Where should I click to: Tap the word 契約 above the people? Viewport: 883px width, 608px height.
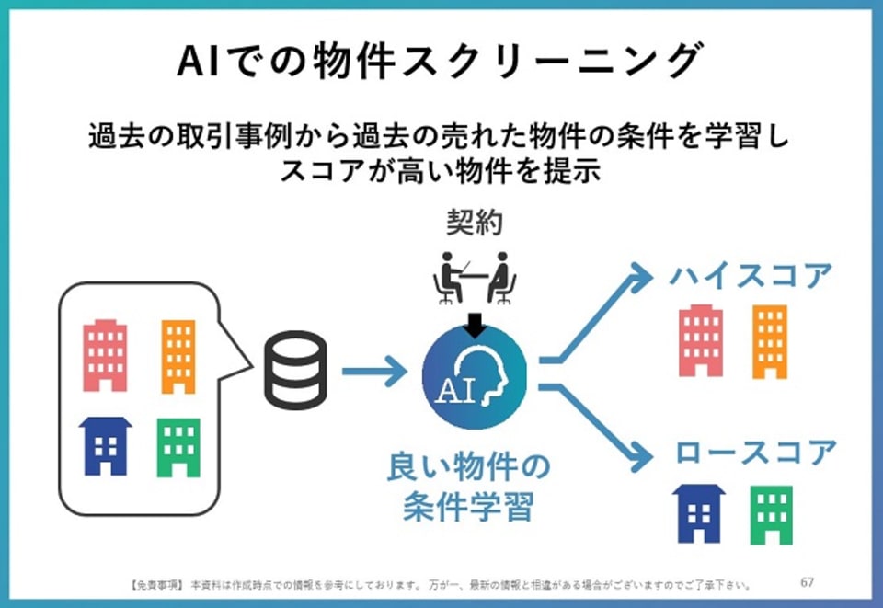475,224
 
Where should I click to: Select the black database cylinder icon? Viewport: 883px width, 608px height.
296,372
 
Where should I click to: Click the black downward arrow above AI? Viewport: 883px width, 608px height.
475,322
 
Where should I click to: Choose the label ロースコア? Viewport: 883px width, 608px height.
755,453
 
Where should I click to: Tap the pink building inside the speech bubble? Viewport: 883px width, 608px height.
104,355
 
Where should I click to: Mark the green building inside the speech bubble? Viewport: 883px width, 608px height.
178,448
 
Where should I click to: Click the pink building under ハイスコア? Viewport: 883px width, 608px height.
701,341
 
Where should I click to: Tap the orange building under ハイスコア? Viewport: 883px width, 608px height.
769,341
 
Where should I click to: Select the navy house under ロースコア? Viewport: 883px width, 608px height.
699,512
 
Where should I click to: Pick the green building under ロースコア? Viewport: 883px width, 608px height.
770,514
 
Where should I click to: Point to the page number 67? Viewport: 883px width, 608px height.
808,582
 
